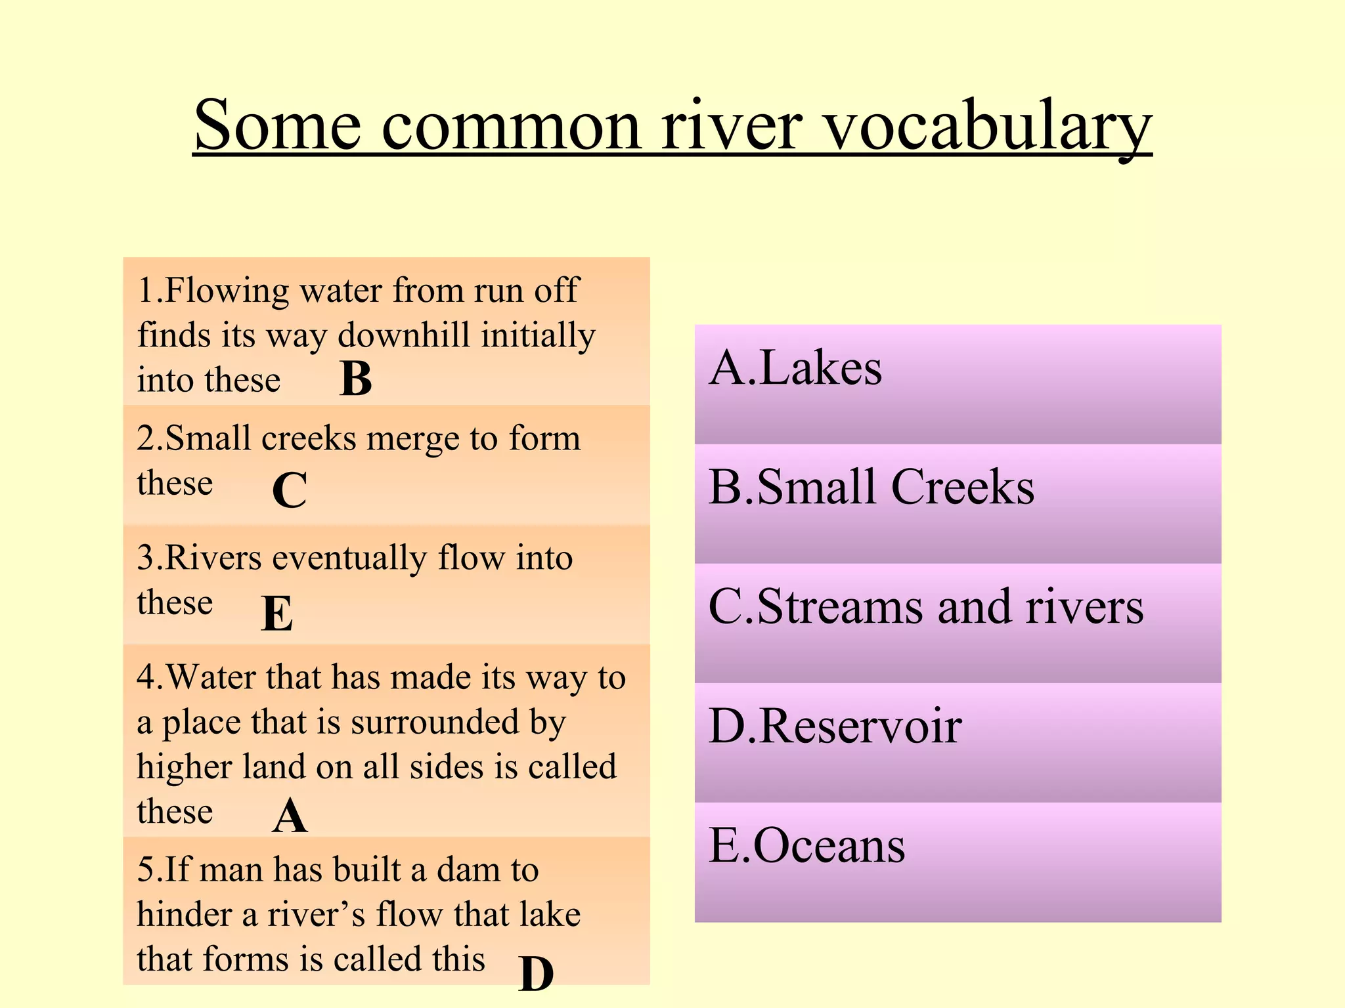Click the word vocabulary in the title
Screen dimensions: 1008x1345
click(x=988, y=126)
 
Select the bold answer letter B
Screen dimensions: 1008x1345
click(x=356, y=379)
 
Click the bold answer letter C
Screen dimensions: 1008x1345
click(x=290, y=490)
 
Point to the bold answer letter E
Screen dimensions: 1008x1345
click(x=276, y=614)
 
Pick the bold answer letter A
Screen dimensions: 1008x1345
click(x=290, y=816)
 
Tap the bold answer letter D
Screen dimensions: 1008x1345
click(x=536, y=973)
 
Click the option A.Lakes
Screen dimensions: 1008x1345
click(x=795, y=368)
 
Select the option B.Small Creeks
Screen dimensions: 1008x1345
click(x=871, y=488)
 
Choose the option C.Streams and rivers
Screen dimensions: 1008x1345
click(x=926, y=607)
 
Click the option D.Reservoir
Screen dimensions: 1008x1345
click(x=835, y=726)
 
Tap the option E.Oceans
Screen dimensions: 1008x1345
click(x=806, y=846)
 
